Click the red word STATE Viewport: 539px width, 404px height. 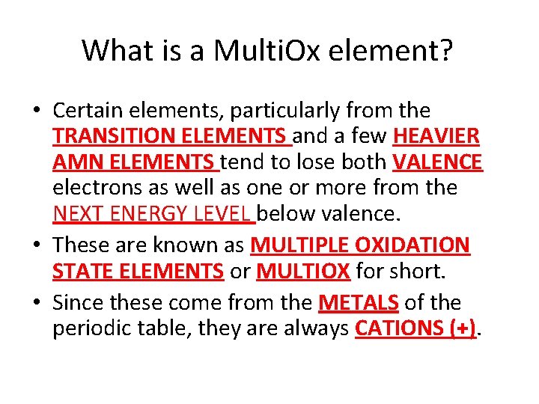79,270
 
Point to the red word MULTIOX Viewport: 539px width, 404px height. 303,270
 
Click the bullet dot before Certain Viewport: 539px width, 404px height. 37,111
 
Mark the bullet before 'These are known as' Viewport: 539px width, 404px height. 37,245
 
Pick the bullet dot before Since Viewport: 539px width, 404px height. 37,302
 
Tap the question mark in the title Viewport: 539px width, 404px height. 446,51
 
